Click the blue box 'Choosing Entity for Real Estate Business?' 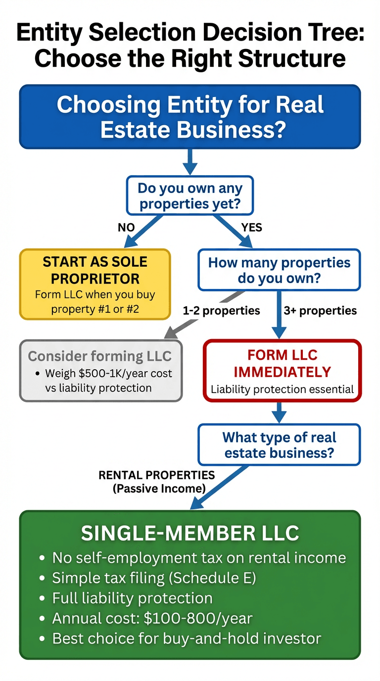(190, 116)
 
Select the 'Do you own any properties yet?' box (190, 196)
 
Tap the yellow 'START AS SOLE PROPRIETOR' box (95, 284)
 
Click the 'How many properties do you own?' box (279, 270)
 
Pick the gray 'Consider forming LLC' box (101, 370)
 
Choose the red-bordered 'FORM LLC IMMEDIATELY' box (283, 370)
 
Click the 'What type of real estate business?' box (279, 444)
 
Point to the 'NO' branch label (126, 228)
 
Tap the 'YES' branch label (251, 228)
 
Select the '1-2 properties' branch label (221, 311)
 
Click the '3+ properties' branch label (320, 311)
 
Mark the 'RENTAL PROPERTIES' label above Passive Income (157, 475)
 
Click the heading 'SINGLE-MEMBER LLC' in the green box (190, 533)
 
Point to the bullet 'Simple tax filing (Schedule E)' (154, 578)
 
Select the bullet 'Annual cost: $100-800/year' (152, 618)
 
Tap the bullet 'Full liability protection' (132, 598)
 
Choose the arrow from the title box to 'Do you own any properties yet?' (190, 161)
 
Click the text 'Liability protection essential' (283, 389)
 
